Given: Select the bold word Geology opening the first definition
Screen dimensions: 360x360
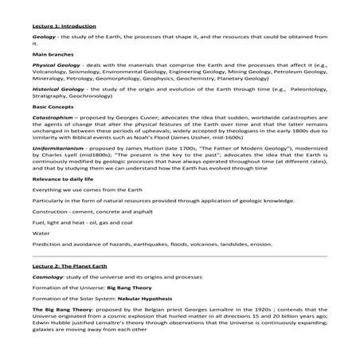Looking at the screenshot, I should [x=45, y=37].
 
